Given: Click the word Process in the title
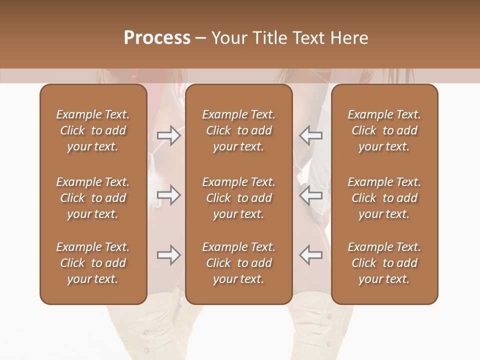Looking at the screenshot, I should [x=157, y=38].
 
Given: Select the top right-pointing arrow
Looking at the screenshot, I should [x=168, y=135].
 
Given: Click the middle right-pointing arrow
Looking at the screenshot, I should [x=168, y=195].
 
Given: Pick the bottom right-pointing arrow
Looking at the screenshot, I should [x=168, y=255].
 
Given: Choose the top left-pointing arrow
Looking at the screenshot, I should [x=310, y=135].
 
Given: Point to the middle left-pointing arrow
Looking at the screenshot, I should [x=310, y=195].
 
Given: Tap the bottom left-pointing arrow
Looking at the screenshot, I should [x=310, y=255].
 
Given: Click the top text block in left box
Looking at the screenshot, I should [x=93, y=130].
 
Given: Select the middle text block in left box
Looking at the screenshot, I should [x=93, y=198].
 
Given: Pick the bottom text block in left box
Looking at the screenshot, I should [x=93, y=263].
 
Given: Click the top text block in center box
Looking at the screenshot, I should [x=238, y=130].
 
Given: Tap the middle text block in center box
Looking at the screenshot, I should [x=238, y=198].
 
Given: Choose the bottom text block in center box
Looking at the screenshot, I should [x=238, y=263].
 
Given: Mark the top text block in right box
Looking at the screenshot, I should [x=384, y=130].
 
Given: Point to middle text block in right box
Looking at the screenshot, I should [x=384, y=198].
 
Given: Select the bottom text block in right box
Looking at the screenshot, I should [x=384, y=263].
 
